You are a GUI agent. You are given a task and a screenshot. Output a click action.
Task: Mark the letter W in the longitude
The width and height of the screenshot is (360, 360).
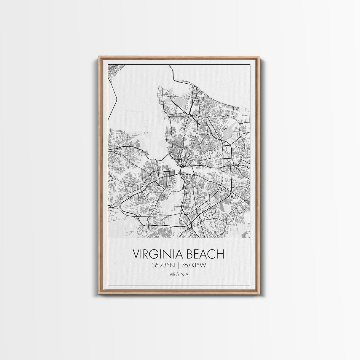click(203, 265)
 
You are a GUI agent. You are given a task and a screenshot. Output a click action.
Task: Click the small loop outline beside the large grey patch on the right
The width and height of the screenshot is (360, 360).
click(224, 128)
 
